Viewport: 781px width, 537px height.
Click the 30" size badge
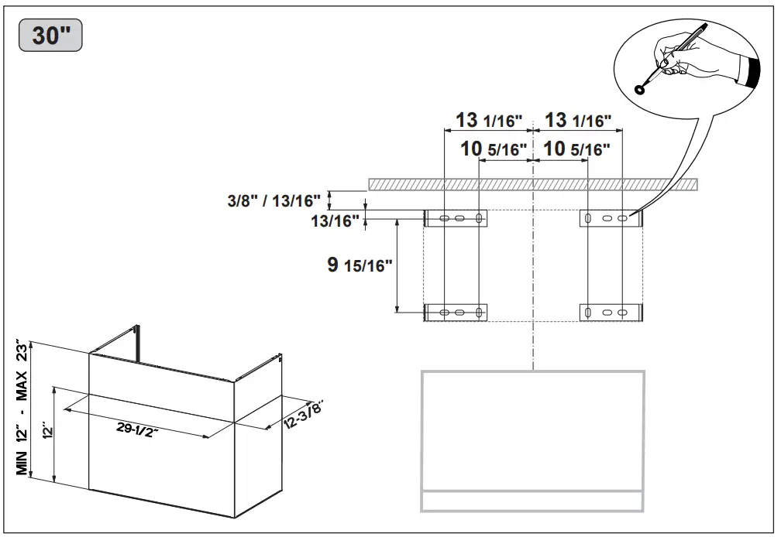[51, 36]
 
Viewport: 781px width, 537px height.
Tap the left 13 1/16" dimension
[489, 121]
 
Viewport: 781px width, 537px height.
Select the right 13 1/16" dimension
[578, 121]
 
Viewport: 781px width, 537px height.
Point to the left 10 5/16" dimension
[494, 149]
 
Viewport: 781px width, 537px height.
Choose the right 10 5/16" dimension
[576, 149]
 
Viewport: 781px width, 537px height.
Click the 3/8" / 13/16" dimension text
[274, 201]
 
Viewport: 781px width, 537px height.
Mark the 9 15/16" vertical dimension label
[360, 265]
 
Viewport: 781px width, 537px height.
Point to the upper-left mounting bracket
[456, 219]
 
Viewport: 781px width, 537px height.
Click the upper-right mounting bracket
[611, 219]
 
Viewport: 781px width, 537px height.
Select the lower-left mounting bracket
[456, 313]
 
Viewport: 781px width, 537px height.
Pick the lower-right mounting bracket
[611, 313]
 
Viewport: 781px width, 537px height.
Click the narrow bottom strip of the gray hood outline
[532, 501]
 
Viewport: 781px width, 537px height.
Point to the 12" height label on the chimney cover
[46, 432]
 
